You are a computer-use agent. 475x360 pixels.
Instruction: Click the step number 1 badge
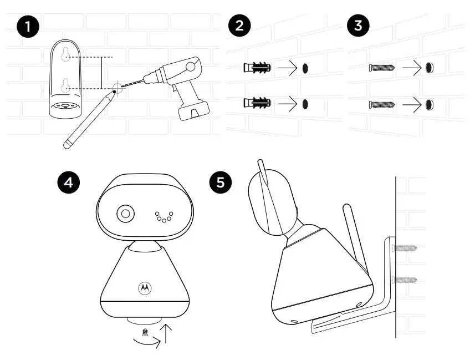point(28,27)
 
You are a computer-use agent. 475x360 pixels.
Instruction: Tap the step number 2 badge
point(239,27)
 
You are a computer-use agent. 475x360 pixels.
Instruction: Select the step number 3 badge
point(357,27)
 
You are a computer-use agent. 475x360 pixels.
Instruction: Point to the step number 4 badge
point(69,182)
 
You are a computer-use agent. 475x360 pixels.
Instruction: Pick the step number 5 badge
point(221,182)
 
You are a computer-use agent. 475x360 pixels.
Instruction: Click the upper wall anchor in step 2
point(256,68)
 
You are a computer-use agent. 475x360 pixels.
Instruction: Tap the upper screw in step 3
point(381,68)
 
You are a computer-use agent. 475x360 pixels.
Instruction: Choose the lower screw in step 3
point(381,104)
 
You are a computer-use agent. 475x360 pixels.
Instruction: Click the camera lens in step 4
point(125,214)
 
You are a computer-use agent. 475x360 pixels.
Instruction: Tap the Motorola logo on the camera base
point(145,288)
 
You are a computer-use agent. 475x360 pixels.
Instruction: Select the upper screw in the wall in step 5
point(404,247)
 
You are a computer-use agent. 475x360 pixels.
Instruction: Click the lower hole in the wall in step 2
point(305,104)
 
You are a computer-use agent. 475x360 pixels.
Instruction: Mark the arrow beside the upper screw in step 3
point(412,68)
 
